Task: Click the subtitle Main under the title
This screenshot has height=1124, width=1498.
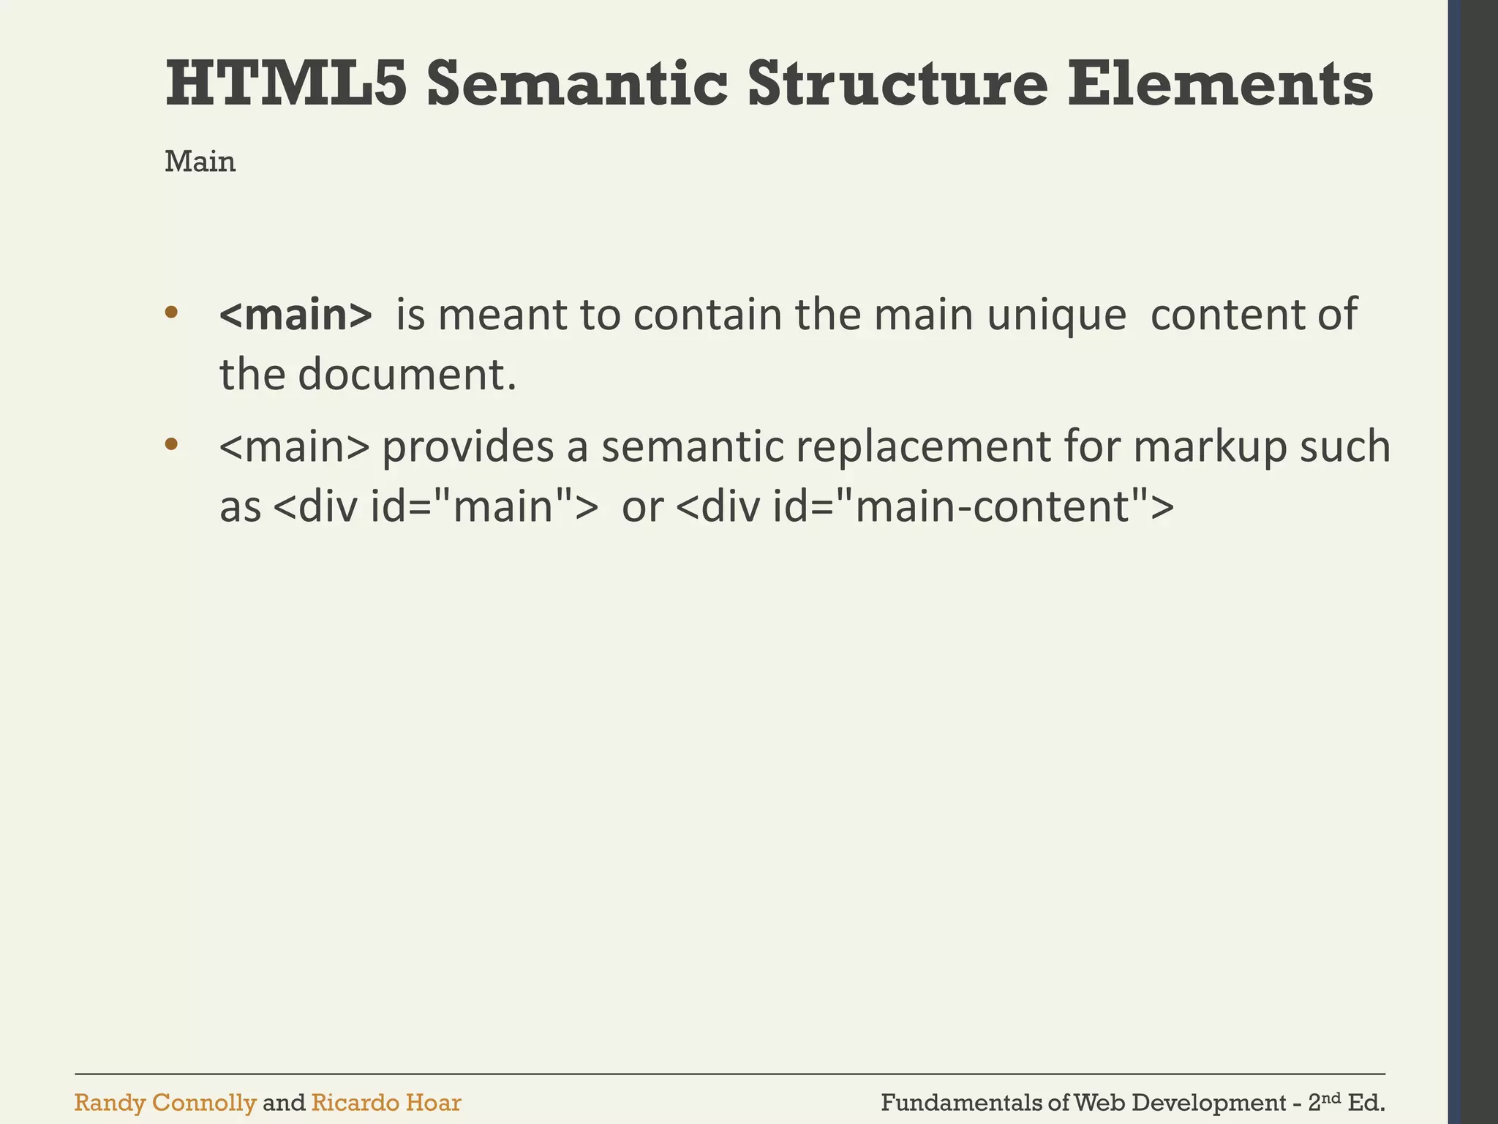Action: (200, 162)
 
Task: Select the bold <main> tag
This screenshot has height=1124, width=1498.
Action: (296, 315)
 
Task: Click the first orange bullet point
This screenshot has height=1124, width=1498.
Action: (171, 312)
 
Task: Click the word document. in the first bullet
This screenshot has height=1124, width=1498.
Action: (407, 375)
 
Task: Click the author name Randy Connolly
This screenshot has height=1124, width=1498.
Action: (165, 1103)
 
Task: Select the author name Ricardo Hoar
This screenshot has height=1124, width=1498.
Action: (386, 1103)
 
